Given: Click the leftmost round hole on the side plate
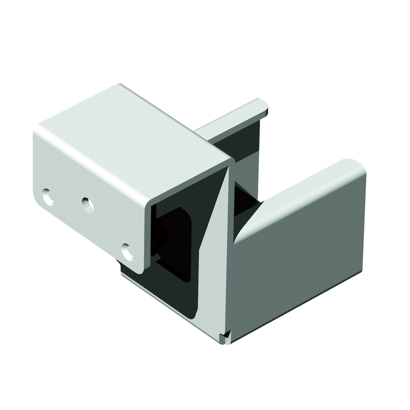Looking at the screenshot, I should [48, 197].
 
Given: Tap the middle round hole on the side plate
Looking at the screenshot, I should [87, 205].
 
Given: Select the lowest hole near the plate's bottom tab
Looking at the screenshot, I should [128, 252].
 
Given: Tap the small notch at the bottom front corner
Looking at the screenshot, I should [224, 338].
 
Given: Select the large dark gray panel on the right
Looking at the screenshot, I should [299, 258].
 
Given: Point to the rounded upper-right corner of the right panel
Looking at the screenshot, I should [359, 166].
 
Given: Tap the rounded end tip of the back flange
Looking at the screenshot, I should [262, 105].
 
